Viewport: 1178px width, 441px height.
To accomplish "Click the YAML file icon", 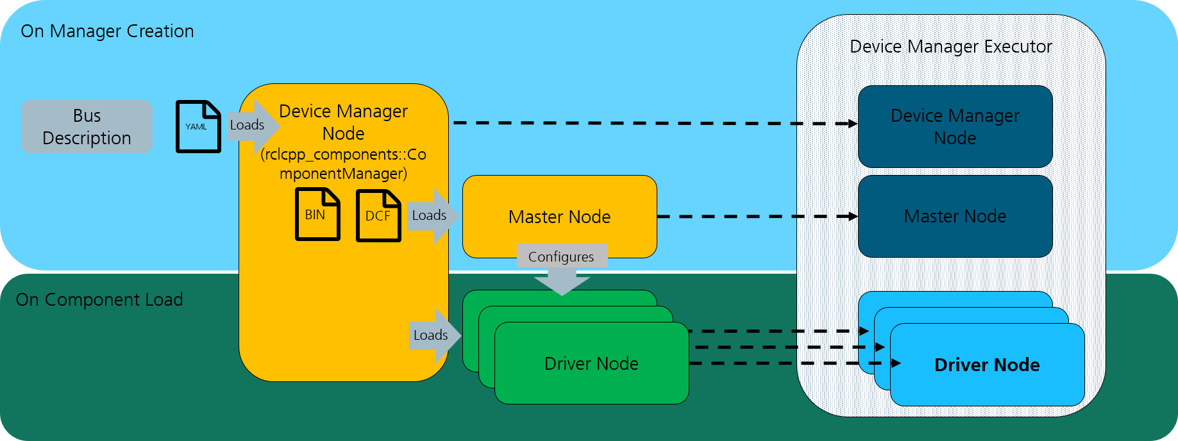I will (x=198, y=127).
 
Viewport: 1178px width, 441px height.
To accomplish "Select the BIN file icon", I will (x=317, y=214).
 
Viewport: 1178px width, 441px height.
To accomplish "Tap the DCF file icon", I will (x=378, y=216).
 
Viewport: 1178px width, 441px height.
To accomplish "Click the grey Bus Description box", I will (x=87, y=127).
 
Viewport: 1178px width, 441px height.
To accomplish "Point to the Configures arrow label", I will (x=561, y=257).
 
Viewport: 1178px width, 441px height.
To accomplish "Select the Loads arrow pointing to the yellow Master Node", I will (x=432, y=215).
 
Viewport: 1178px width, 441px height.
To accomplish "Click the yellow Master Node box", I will (x=559, y=217).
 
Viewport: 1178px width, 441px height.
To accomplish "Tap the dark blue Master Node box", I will (x=955, y=217).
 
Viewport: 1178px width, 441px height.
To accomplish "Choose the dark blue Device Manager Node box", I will (x=955, y=127).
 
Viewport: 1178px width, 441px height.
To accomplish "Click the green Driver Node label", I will (x=591, y=364).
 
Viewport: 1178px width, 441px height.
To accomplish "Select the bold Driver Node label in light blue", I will (x=987, y=365).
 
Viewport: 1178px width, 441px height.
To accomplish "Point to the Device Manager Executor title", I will (x=950, y=47).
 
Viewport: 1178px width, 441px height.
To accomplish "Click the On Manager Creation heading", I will (x=107, y=31).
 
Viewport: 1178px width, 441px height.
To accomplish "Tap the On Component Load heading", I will (x=99, y=300).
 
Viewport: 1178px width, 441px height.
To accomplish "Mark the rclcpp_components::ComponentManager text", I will (x=343, y=164).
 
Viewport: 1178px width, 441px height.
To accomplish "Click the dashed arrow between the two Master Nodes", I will (x=757, y=217).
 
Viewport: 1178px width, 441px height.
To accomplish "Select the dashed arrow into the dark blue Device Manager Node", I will (x=654, y=123).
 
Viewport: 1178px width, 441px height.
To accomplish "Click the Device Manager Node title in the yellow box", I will (x=343, y=122).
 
